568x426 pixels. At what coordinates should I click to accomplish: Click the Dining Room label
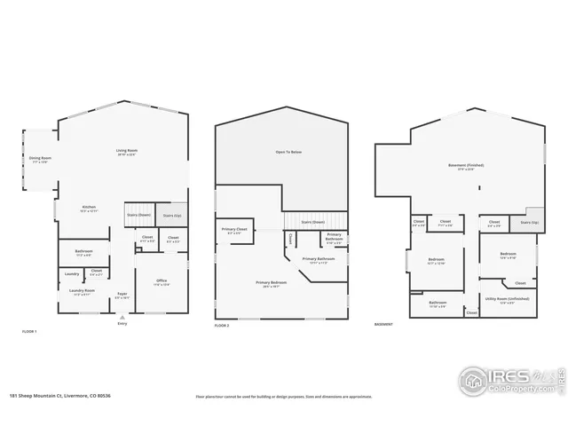(41, 160)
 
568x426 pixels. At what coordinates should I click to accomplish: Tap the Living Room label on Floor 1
(126, 151)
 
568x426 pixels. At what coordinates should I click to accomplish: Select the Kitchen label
(89, 209)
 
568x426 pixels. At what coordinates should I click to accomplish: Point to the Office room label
(162, 281)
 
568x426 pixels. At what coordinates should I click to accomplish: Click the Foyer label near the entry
(122, 295)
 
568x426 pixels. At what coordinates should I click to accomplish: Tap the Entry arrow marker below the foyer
(122, 317)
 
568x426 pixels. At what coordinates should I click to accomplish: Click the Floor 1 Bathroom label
(84, 253)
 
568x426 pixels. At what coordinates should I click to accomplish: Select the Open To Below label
(288, 153)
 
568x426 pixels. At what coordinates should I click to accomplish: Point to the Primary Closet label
(234, 231)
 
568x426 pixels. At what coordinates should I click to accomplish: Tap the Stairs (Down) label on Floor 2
(312, 222)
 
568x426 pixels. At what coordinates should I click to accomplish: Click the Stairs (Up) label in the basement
(527, 223)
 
